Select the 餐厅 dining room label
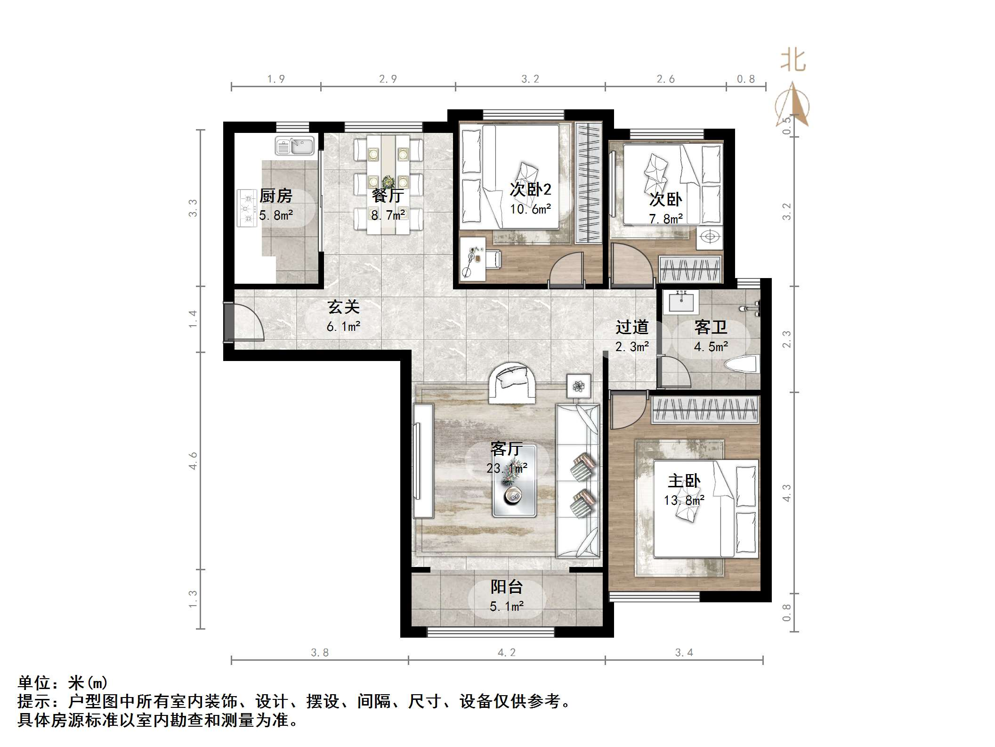click(x=388, y=196)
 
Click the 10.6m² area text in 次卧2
click(x=530, y=209)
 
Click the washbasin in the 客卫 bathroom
click(x=680, y=302)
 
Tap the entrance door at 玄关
click(x=229, y=322)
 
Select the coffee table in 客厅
click(x=514, y=481)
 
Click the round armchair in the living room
click(x=512, y=383)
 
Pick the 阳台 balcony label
click(x=507, y=587)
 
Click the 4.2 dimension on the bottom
click(x=507, y=652)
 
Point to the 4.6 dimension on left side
click(x=193, y=460)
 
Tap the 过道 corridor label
click(x=632, y=327)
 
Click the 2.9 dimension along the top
click(x=388, y=79)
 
